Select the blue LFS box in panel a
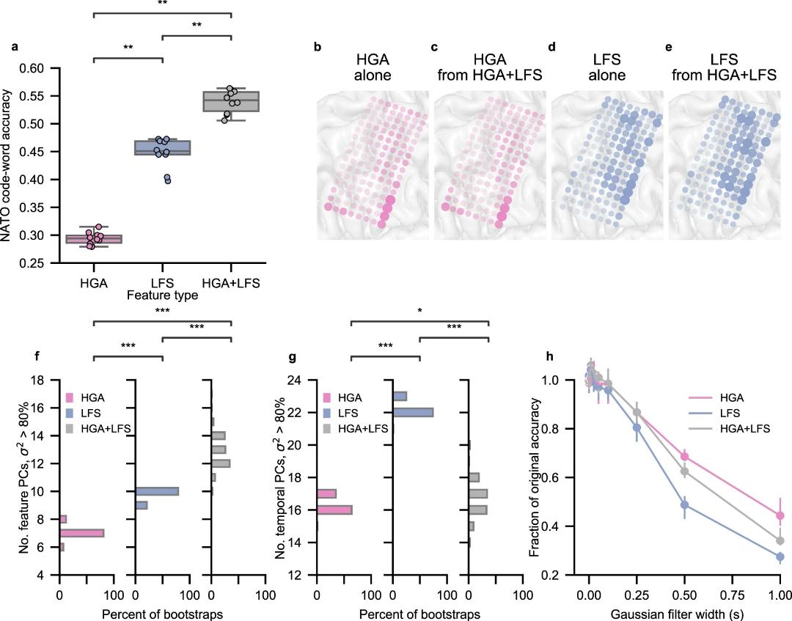162,147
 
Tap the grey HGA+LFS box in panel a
231,100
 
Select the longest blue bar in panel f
157,491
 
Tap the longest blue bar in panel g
413,412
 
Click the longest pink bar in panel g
334,510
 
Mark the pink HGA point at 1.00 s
780,515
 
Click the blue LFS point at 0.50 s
684,505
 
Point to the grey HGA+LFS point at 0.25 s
637,412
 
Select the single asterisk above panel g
419,310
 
